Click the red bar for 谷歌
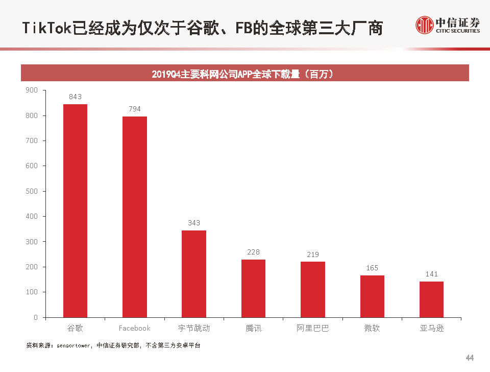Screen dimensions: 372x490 coord(75,211)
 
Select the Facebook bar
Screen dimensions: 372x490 coord(135,217)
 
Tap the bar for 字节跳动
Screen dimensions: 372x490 coord(194,273)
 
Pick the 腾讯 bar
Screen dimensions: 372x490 coord(253,288)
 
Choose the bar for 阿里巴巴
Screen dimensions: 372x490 coord(313,289)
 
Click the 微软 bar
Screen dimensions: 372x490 coord(372,296)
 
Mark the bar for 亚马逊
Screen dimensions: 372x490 coord(431,299)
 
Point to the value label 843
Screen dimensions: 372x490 coord(75,97)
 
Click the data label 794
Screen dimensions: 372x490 coord(135,109)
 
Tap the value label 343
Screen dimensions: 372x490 coord(194,223)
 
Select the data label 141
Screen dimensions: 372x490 coord(431,274)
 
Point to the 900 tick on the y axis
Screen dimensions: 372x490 coord(32,90)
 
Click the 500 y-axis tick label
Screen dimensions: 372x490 coord(32,191)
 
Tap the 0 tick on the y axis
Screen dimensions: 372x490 coord(36,317)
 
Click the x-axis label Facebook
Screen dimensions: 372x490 coord(135,328)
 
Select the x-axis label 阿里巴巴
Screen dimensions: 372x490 coord(313,328)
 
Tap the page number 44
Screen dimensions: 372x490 coord(470,357)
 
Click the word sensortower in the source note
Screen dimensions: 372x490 coord(72,346)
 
